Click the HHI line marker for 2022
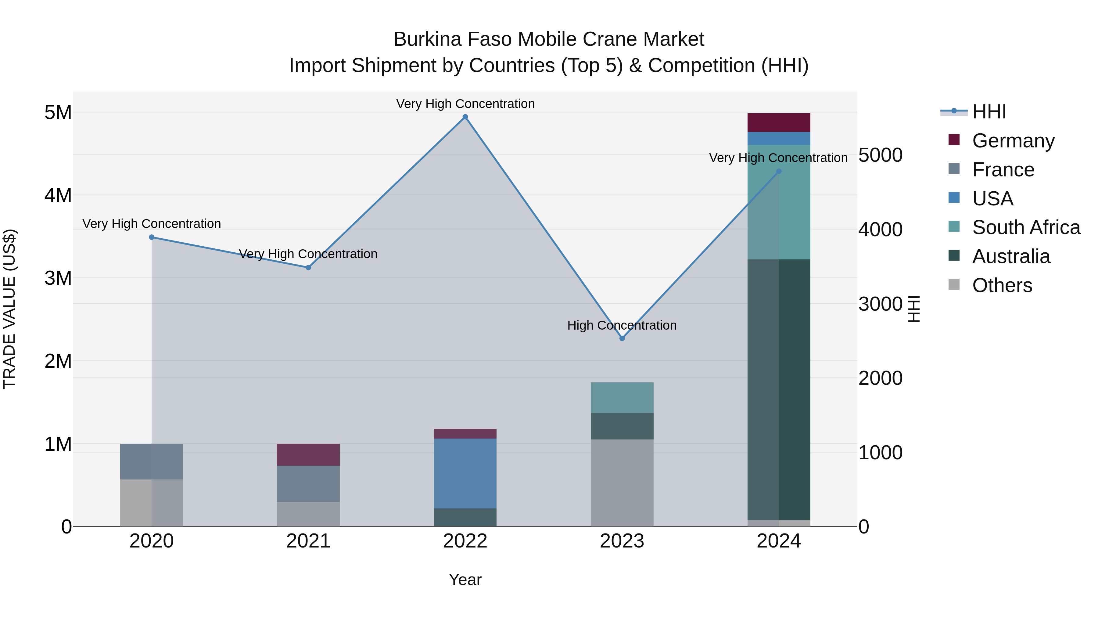tap(465, 117)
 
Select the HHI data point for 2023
tap(622, 338)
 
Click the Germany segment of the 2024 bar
tap(779, 122)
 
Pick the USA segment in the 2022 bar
tap(465, 473)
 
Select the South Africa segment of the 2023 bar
tap(622, 397)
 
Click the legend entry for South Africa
tap(1026, 227)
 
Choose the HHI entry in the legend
tap(989, 112)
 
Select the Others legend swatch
tap(954, 284)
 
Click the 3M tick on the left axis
tap(58, 278)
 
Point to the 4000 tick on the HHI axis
tap(880, 229)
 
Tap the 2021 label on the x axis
tap(308, 541)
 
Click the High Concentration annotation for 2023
tap(622, 325)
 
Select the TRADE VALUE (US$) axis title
tap(9, 309)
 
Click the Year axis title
tap(465, 580)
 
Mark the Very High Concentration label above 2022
tap(465, 104)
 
